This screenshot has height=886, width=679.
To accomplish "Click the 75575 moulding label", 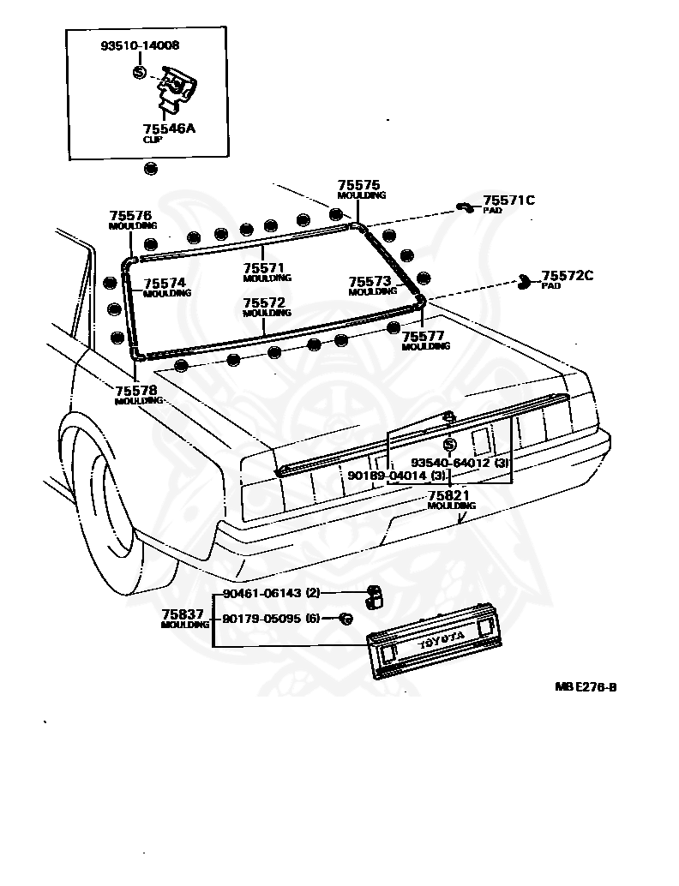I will coord(358,184).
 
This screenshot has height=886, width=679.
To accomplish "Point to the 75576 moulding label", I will coord(130,216).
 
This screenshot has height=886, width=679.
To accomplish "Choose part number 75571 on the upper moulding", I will coord(263,267).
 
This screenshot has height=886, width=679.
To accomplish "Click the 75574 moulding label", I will coord(165,283).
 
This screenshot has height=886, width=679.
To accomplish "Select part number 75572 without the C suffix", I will coord(263,303).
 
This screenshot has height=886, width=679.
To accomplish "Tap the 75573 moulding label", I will coord(370,281).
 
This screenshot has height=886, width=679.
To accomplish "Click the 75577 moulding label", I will coord(424,337).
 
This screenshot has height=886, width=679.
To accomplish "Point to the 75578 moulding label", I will coord(136,391).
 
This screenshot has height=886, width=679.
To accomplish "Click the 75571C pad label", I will coord(508,201).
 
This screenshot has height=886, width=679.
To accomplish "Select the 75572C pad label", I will coord(567,276).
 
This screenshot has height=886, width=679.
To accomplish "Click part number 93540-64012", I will coord(466,463).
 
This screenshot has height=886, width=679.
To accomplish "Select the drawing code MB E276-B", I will coord(585,686).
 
